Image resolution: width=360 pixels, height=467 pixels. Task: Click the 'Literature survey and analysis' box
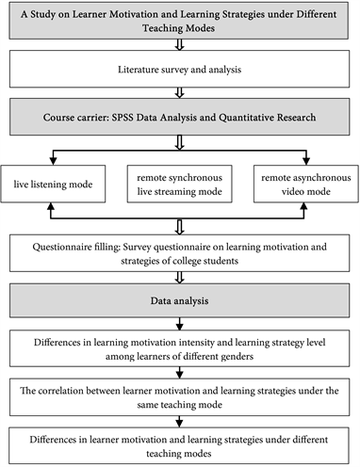click(179, 69)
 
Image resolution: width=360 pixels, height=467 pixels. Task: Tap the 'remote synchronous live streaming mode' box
click(179, 185)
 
